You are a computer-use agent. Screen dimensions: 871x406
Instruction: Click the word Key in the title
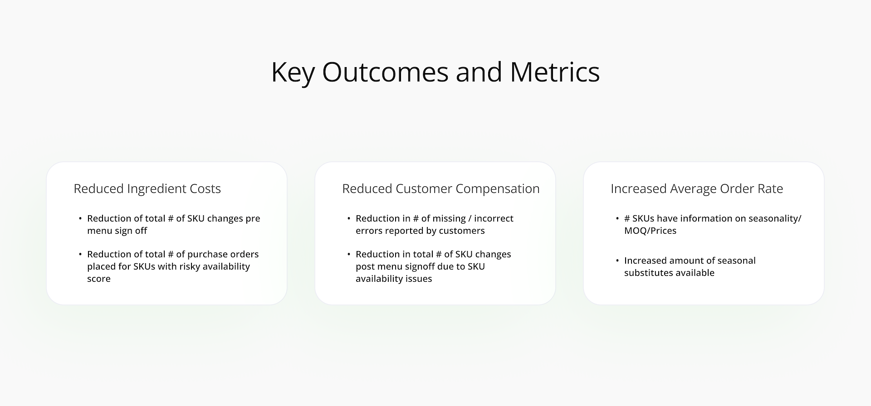293,72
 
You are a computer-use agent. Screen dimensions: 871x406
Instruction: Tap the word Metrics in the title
555,72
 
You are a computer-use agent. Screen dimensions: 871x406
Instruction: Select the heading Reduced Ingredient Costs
147,188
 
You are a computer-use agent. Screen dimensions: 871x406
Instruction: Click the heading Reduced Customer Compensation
441,188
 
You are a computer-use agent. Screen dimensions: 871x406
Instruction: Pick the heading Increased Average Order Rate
697,188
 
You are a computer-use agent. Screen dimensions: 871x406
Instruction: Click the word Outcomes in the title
385,72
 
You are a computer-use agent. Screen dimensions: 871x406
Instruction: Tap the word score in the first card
99,279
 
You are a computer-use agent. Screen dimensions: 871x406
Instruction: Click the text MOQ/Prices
650,231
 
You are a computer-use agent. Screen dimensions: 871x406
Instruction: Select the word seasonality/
775,218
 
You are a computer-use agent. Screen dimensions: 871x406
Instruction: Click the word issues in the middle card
420,279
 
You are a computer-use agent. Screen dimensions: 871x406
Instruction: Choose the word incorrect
494,218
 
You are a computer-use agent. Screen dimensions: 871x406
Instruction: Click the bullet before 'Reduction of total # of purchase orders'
80,255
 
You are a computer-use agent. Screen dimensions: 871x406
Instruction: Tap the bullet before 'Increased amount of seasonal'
617,261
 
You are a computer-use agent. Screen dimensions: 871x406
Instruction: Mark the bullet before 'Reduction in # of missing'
349,219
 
